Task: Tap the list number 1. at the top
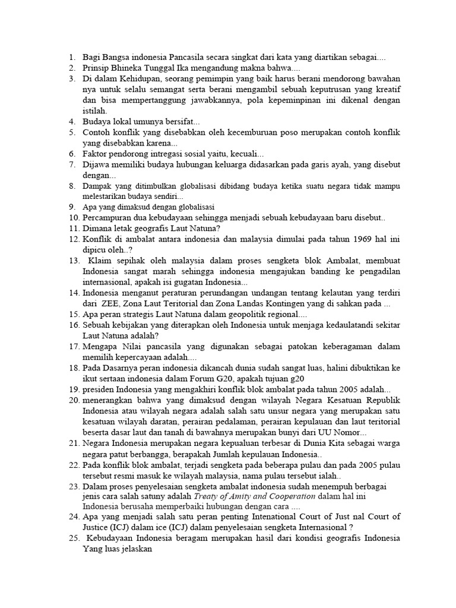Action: tap(71, 58)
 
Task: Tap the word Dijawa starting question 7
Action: tap(96, 164)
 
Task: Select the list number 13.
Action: tap(75, 261)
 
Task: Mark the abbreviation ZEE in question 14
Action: tap(112, 303)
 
